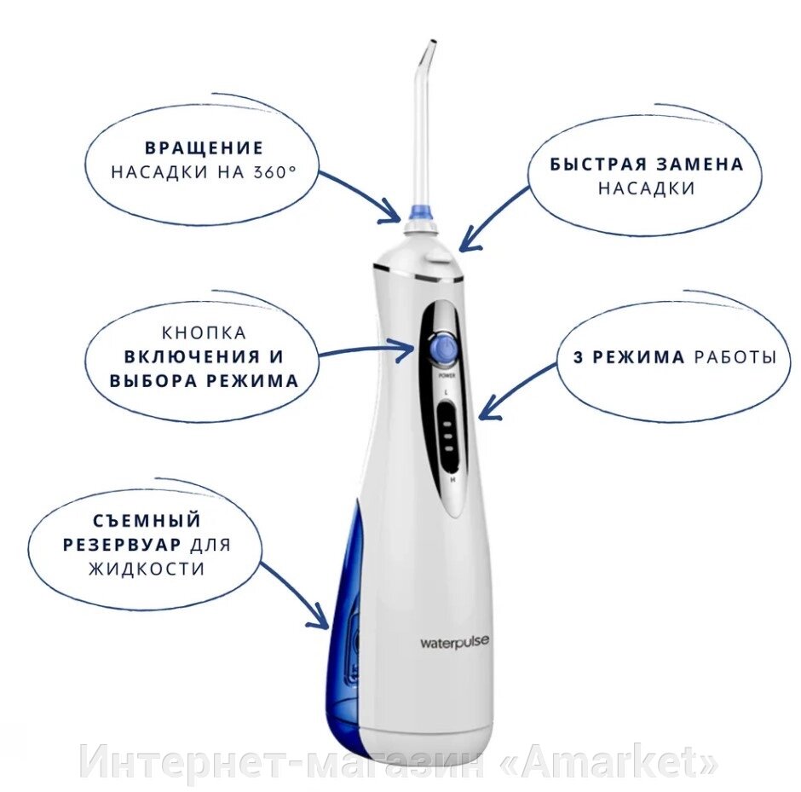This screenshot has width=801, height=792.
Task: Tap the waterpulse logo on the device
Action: [x=454, y=642]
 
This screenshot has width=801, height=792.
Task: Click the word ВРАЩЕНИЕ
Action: [x=205, y=147]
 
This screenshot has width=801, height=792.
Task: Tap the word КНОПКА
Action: [x=205, y=333]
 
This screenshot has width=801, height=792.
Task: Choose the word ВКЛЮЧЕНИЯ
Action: [x=192, y=356]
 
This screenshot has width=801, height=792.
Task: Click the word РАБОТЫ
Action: [x=735, y=356]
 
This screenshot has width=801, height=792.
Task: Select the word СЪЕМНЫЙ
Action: [x=147, y=521]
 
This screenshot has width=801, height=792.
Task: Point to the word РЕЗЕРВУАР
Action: [x=123, y=545]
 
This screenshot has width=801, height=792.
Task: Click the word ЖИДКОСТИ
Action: [x=147, y=569]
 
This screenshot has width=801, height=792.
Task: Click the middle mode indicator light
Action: [x=448, y=436]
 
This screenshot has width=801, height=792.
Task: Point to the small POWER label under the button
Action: [x=447, y=376]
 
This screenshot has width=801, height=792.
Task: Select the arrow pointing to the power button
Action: [x=366, y=349]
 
